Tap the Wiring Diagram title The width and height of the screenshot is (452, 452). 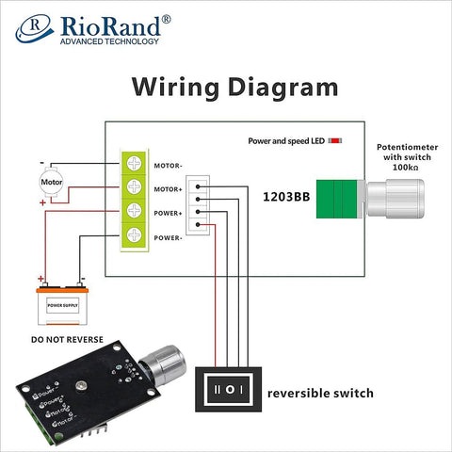(x=234, y=88)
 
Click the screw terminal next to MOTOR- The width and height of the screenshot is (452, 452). (x=135, y=166)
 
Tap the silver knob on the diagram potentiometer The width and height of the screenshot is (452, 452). (x=395, y=199)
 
